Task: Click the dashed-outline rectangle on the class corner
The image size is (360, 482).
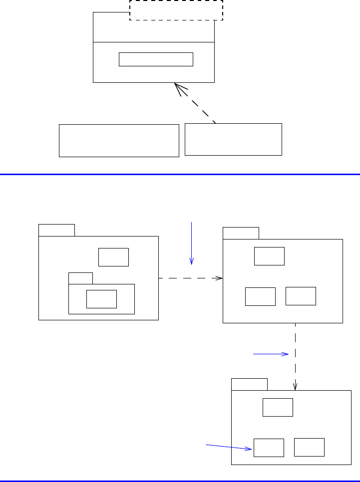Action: pos(176,10)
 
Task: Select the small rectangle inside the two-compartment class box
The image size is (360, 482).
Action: pos(156,59)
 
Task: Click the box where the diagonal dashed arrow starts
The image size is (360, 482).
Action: pos(233,139)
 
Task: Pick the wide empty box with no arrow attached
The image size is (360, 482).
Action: pos(119,141)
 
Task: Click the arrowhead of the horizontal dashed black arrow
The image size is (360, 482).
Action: pos(219,278)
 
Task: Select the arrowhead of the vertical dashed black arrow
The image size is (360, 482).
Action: pos(296,386)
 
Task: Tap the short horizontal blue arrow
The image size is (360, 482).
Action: pos(271,354)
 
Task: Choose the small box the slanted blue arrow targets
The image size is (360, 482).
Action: pos(269,448)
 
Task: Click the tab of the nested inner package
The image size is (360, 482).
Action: pos(80,278)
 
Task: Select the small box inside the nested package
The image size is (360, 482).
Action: pos(101,299)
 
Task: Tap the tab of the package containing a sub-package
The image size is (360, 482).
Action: pos(56,230)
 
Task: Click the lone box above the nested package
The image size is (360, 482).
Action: pos(113,257)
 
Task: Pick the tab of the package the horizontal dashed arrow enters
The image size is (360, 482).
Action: pos(241,233)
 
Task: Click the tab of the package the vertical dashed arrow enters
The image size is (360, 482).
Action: pos(249,384)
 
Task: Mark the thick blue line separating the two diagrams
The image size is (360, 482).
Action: pos(180,174)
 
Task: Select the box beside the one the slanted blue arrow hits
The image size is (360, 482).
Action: pos(309,447)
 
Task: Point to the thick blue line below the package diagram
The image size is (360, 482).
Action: pos(180,481)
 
